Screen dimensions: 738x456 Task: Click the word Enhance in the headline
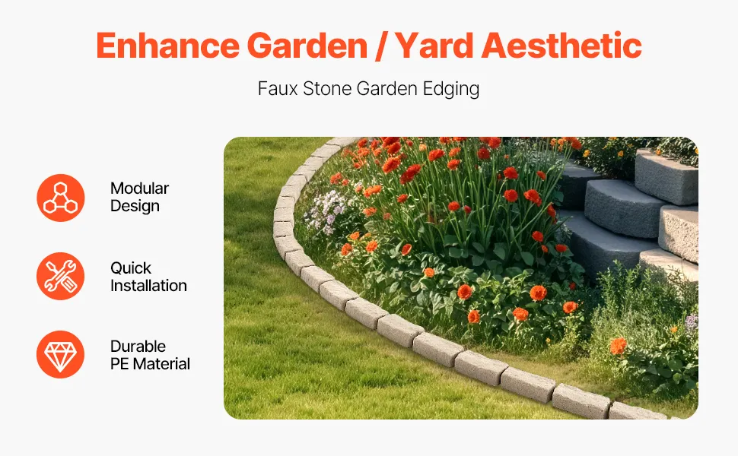pos(167,46)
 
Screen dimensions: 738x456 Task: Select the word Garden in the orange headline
pos(307,46)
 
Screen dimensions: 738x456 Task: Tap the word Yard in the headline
pos(434,46)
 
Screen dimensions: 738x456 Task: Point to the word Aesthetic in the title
pos(561,46)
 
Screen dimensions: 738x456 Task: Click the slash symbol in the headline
pos(380,46)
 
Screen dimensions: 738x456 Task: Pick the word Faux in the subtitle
pos(278,88)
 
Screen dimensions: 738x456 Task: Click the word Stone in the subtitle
pos(327,88)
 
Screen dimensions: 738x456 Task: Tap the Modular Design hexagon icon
pos(61,198)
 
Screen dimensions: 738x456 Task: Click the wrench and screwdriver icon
pos(61,277)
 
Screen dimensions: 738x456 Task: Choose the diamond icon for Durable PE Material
pos(61,354)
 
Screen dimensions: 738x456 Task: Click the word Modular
pos(139,188)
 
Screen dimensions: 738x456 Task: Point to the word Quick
pos(130,268)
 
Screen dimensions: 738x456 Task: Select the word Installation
pos(148,286)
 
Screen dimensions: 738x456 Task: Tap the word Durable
pos(138,347)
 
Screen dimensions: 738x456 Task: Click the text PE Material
pos(150,364)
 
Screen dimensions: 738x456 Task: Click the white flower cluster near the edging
pos(326,212)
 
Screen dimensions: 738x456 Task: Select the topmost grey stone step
pos(666,176)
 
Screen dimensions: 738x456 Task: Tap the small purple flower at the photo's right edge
pos(692,322)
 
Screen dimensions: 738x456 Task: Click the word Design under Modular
pos(135,207)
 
